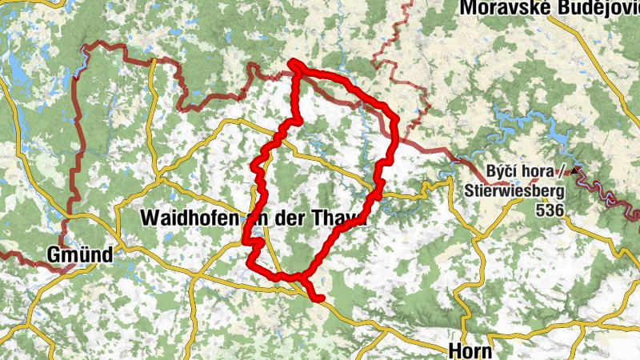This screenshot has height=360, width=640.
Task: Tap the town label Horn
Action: pyautogui.click(x=467, y=350)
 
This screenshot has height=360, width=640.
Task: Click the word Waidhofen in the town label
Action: pyautogui.click(x=187, y=218)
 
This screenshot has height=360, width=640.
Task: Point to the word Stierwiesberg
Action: pyautogui.click(x=514, y=191)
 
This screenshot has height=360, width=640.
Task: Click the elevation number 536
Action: pyautogui.click(x=550, y=210)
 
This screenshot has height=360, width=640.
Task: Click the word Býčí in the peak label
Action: pyautogui.click(x=502, y=171)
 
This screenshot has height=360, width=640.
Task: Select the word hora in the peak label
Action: pyautogui.click(x=538, y=171)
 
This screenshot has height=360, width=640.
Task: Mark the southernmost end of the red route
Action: pyautogui.click(x=319, y=299)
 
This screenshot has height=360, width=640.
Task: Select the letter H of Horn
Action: pyautogui.click(x=453, y=350)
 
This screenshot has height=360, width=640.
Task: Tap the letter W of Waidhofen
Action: pyautogui.click(x=147, y=218)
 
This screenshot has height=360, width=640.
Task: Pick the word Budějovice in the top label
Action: pyautogui.click(x=596, y=8)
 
